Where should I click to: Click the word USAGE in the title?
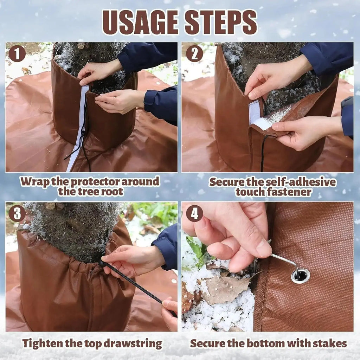pyautogui.click(x=140, y=22)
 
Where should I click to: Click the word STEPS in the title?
pyautogui.click(x=220, y=22)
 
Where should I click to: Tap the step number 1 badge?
pyautogui.click(x=17, y=54)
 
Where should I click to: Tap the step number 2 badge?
pyautogui.click(x=194, y=54)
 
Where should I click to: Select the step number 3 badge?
pyautogui.click(x=17, y=213)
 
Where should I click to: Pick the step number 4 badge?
pyautogui.click(x=194, y=213)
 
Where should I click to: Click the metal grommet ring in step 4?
pyautogui.click(x=301, y=276)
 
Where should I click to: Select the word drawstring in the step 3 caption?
pyautogui.click(x=133, y=344)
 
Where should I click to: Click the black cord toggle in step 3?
pyautogui.click(x=103, y=264)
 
